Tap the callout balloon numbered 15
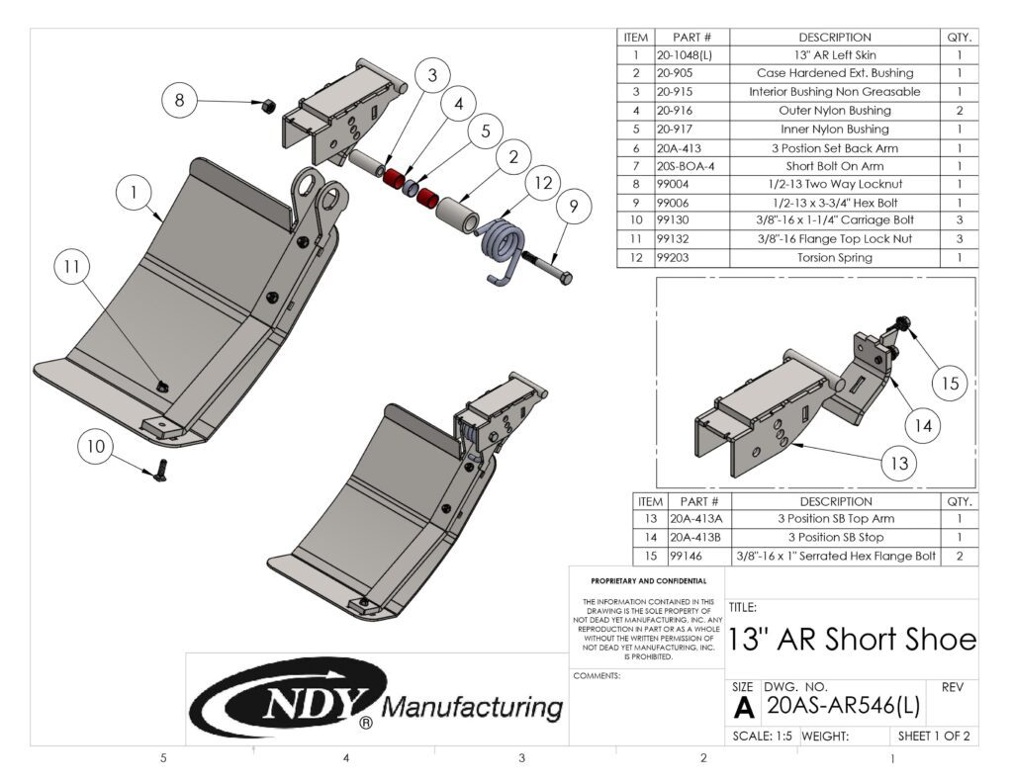[949, 384]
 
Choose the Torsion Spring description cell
[834, 258]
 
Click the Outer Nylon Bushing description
[834, 111]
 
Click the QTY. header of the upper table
[959, 37]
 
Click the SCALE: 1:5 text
[763, 737]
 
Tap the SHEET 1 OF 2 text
[933, 737]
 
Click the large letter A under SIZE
[744, 707]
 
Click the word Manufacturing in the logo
[471, 707]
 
